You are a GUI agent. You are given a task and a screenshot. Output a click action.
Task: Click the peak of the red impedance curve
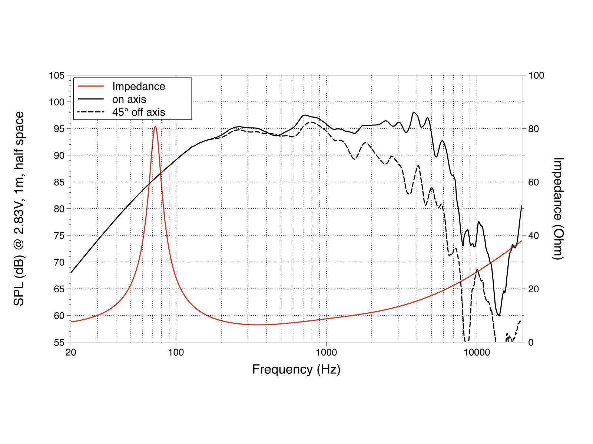(x=155, y=127)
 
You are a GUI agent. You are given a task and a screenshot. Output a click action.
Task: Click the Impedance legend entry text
(x=139, y=86)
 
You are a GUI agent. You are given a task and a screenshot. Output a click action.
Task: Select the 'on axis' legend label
(x=129, y=99)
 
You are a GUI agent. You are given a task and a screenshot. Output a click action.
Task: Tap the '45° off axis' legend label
(x=139, y=112)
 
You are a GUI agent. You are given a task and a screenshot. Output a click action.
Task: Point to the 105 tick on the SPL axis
(x=57, y=75)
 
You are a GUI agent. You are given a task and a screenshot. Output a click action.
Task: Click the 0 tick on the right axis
(x=531, y=342)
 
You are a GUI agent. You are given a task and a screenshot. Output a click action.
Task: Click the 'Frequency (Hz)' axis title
(x=296, y=369)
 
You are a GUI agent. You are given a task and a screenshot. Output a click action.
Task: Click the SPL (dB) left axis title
(x=19, y=208)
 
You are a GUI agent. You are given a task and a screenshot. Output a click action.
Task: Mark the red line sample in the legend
(x=91, y=86)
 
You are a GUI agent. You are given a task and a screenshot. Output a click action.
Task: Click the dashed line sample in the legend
(x=91, y=112)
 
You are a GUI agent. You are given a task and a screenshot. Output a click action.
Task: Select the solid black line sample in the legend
(x=91, y=99)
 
